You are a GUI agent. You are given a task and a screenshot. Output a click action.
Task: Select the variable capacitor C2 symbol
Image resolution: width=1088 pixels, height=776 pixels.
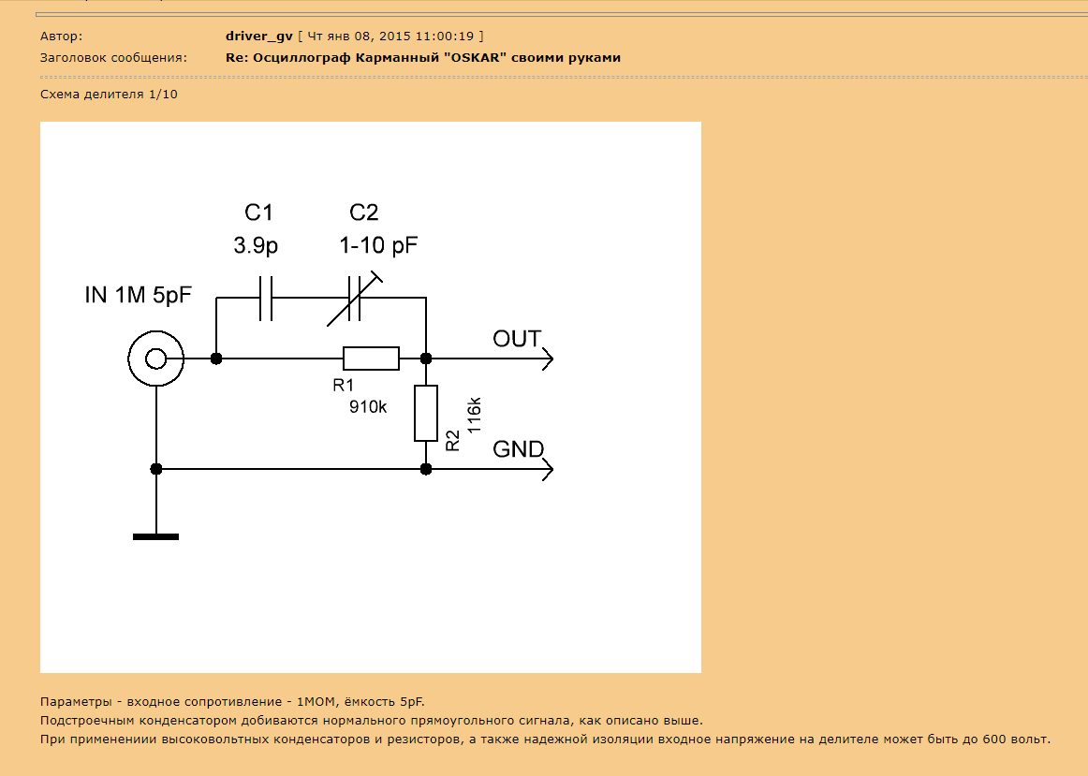[354, 299]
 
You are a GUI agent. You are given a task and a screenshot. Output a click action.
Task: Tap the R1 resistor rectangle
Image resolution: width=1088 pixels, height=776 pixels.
[371, 359]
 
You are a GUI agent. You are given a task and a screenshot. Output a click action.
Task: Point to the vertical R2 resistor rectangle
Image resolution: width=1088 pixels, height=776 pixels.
[426, 414]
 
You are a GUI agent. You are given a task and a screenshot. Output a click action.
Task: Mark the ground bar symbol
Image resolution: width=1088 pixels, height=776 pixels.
[156, 536]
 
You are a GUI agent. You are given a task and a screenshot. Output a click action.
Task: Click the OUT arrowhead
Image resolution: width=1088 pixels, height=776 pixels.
[548, 359]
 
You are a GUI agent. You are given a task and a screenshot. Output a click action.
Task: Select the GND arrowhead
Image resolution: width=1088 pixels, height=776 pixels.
[548, 470]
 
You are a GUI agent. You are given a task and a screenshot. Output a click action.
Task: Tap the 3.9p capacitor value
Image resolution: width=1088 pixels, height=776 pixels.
[256, 245]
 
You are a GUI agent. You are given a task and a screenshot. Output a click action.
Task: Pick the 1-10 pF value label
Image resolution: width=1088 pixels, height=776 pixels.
[378, 245]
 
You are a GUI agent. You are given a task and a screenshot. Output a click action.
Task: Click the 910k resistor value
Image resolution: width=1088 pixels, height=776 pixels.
[368, 407]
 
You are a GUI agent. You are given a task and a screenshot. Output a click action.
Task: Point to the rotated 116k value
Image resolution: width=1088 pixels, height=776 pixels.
[474, 416]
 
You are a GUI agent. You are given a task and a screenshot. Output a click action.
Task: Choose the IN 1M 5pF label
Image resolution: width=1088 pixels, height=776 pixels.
[138, 296]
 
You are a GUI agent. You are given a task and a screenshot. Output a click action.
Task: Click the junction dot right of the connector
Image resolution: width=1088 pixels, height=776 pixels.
[216, 359]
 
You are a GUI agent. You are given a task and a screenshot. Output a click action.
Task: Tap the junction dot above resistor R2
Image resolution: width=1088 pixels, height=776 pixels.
[426, 359]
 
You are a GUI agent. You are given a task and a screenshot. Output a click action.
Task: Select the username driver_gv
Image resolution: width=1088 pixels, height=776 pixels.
[258, 37]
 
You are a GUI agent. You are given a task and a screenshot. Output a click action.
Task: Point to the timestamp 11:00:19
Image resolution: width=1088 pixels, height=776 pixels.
[445, 37]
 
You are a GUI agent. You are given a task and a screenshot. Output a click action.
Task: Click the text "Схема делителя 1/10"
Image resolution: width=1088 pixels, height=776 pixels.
[109, 95]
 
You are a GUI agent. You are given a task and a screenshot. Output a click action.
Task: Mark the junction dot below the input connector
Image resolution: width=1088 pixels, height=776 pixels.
[156, 470]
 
